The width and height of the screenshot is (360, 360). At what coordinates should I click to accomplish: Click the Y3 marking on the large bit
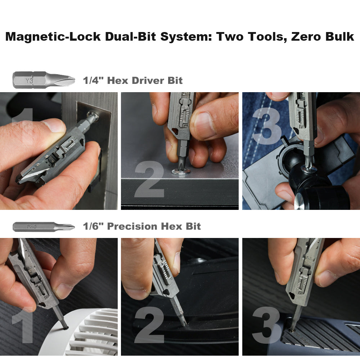point(29,81)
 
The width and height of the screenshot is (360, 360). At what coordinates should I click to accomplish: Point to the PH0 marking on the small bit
point(31,227)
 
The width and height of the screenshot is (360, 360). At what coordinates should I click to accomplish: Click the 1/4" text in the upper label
point(93,81)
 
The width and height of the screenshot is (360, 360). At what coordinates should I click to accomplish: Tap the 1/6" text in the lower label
point(93,226)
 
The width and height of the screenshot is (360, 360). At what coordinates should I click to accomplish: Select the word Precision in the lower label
point(132,226)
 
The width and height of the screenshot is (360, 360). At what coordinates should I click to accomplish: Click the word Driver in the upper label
point(147,81)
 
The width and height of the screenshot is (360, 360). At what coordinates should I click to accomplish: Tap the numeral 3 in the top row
point(267,126)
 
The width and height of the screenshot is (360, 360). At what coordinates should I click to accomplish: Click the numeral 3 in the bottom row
point(266,326)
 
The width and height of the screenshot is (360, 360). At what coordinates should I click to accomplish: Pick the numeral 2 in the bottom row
point(149,326)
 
